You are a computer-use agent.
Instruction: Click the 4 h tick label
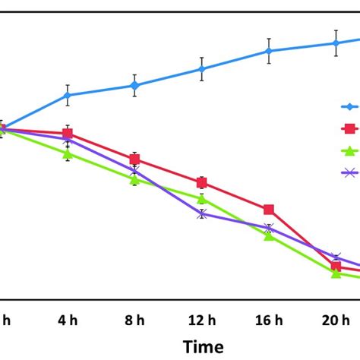click(x=68, y=321)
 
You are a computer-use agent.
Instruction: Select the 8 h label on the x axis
click(x=134, y=321)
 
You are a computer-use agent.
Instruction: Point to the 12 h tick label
click(x=202, y=321)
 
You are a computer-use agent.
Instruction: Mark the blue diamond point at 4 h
click(x=68, y=95)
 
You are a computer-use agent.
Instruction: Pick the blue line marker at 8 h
click(x=134, y=86)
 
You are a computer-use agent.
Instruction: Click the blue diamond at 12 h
click(x=202, y=69)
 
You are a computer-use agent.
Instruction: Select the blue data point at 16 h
click(x=269, y=51)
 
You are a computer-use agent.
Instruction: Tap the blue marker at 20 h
click(x=336, y=43)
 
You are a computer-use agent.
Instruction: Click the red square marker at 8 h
click(x=134, y=159)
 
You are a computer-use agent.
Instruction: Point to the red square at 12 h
click(x=202, y=182)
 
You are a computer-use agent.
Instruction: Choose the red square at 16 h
click(x=269, y=210)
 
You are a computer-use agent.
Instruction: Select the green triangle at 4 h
click(x=68, y=153)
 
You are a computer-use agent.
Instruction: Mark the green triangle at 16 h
click(x=269, y=235)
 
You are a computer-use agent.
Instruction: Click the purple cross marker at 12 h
click(x=202, y=213)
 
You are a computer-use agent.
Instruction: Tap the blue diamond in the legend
click(x=351, y=107)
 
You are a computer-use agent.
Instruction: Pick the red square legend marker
click(x=351, y=128)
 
